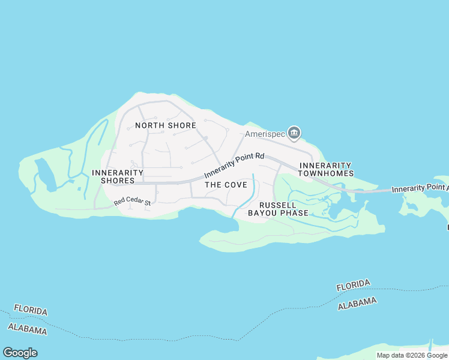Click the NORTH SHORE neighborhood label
(165, 125)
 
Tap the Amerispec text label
(265, 134)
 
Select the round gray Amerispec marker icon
(294, 133)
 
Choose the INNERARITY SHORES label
(118, 176)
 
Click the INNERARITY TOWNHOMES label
(326, 169)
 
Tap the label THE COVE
(226, 185)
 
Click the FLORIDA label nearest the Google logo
(31, 310)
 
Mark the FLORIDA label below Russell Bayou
(353, 285)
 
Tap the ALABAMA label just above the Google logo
(27, 329)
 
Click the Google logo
(20, 353)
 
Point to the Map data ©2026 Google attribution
(412, 355)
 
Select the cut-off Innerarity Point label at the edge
(420, 188)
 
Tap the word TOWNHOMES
(326, 173)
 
